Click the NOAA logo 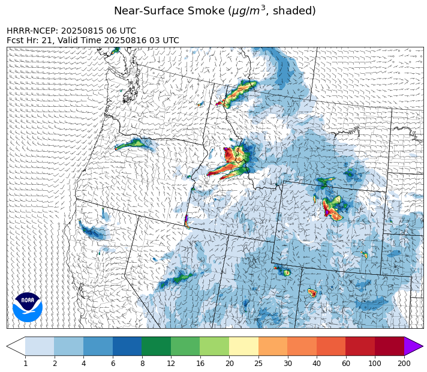click(x=28, y=307)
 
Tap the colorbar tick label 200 click(x=404, y=364)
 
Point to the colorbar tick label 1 click(x=25, y=364)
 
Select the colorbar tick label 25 click(x=258, y=364)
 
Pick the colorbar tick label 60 click(x=345, y=364)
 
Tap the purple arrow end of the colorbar click(x=413, y=346)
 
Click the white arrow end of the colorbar click(x=16, y=346)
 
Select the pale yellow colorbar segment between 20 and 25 click(x=244, y=346)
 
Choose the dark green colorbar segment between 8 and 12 click(x=157, y=346)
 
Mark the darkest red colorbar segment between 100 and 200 click(x=389, y=346)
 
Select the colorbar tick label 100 click(x=375, y=364)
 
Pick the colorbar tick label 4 click(x=83, y=364)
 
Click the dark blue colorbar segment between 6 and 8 click(x=127, y=346)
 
